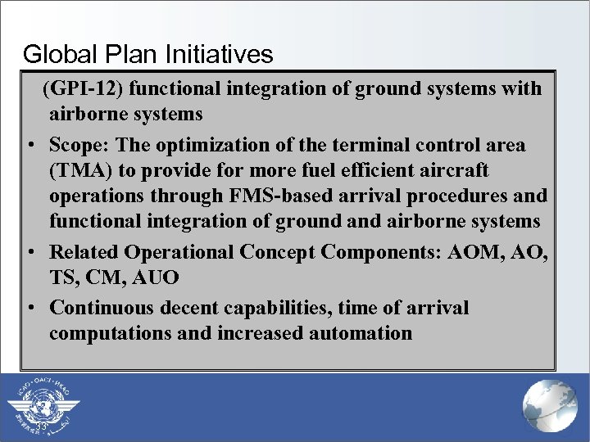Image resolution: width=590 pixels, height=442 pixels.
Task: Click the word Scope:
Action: (79, 145)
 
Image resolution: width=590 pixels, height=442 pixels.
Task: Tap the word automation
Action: (361, 334)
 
